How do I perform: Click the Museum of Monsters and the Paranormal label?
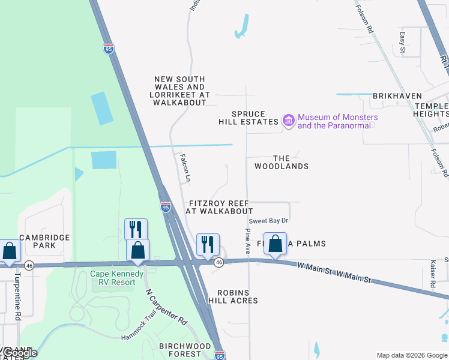pyautogui.click(x=338, y=121)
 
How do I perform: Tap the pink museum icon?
pyautogui.click(x=289, y=121)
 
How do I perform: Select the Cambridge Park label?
pyautogui.click(x=45, y=241)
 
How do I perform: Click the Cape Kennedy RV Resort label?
pyautogui.click(x=117, y=278)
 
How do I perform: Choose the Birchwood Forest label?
pyautogui.click(x=185, y=350)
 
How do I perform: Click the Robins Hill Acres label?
pyautogui.click(x=233, y=296)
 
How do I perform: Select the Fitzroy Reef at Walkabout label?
pyautogui.click(x=218, y=208)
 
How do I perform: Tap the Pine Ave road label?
pyautogui.click(x=247, y=239)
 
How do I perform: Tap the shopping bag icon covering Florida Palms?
pyautogui.click(x=275, y=244)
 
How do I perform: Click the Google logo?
pyautogui.click(x=19, y=353)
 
